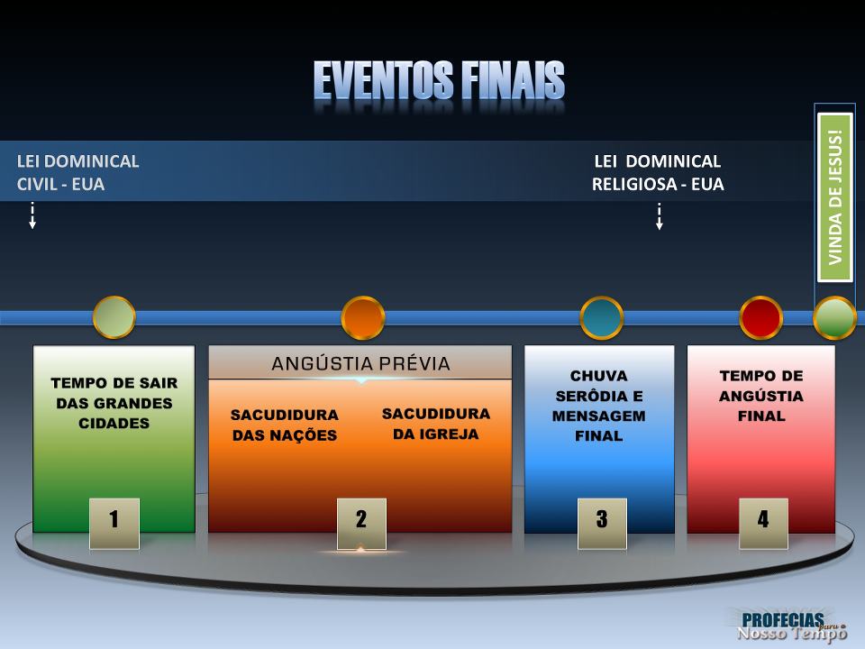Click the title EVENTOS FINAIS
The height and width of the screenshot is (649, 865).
(439, 82)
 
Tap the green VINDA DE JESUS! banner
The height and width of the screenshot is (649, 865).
(834, 197)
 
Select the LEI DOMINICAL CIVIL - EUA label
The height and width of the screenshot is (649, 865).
(77, 172)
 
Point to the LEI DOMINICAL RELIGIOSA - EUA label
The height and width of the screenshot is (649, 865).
(658, 172)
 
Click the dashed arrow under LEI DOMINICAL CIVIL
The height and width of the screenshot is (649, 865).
(32, 216)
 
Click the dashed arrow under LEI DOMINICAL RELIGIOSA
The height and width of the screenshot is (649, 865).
(660, 216)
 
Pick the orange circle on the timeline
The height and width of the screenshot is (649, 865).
(363, 317)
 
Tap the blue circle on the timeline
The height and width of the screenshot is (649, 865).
(602, 317)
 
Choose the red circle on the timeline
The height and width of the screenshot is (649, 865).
(761, 317)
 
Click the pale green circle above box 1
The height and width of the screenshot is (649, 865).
(114, 317)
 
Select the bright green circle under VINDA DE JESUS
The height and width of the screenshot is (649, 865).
(834, 317)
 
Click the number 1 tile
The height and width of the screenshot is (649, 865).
(114, 521)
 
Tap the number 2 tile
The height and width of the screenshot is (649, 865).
(361, 521)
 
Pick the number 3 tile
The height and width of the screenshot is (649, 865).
(602, 521)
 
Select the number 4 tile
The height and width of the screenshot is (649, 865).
(763, 521)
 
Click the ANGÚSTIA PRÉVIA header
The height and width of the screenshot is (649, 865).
(360, 364)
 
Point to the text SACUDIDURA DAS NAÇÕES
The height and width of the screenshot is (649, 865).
(285, 425)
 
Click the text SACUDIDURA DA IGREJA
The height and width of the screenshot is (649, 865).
(436, 423)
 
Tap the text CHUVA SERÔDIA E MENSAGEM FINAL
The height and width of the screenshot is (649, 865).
(599, 406)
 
